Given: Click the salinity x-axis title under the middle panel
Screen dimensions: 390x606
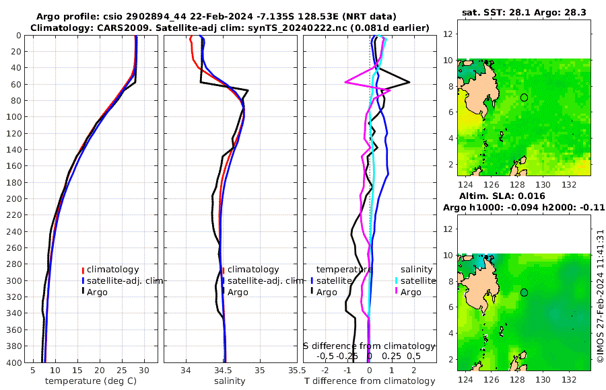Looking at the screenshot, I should [230, 381].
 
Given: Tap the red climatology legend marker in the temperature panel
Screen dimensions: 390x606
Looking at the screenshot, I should [83, 270].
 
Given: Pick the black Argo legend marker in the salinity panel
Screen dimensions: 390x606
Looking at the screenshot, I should [223, 292].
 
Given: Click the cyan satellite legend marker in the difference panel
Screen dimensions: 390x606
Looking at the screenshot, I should [397, 280].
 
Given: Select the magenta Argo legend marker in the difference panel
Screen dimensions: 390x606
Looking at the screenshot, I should [397, 292].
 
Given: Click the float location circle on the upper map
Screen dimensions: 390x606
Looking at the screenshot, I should [524, 97].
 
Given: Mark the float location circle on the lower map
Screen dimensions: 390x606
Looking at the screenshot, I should [524, 292].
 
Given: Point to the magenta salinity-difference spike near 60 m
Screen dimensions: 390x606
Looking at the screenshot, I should [346, 82].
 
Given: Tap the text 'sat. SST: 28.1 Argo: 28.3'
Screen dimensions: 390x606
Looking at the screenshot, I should [523, 12].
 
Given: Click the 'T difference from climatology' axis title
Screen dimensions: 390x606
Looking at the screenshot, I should [369, 381].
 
